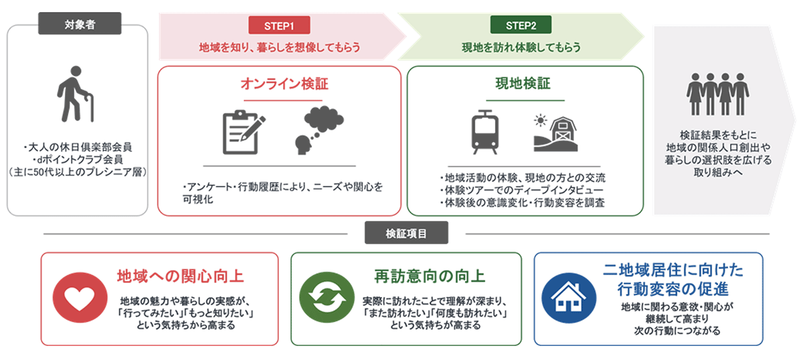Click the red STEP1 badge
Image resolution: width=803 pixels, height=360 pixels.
pos(279,25)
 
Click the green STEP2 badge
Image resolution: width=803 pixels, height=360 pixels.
pos(521,25)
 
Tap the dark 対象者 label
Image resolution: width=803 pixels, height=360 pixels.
pos(80,23)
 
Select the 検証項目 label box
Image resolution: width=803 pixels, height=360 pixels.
pos(406,233)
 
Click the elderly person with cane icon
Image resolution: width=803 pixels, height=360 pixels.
pos(75,94)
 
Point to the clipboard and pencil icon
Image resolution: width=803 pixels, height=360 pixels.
pos(244,132)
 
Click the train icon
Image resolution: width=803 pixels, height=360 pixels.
pos(484,132)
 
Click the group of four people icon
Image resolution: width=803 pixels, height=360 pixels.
pos(717,94)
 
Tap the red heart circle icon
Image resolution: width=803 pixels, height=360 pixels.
pos(80,298)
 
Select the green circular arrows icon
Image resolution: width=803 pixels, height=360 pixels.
pos(327,298)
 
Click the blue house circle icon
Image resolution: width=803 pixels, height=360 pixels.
pos(569,298)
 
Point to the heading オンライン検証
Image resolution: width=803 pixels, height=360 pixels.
pos(284,84)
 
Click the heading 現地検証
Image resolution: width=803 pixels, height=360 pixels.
pos(523,84)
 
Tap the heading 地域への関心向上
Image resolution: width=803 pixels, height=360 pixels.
pos(180,276)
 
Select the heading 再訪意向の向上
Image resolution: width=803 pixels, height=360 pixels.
pos(430,276)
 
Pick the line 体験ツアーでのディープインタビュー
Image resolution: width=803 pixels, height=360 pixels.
pos(522,190)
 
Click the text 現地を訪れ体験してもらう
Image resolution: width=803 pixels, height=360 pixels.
pos(521,48)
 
